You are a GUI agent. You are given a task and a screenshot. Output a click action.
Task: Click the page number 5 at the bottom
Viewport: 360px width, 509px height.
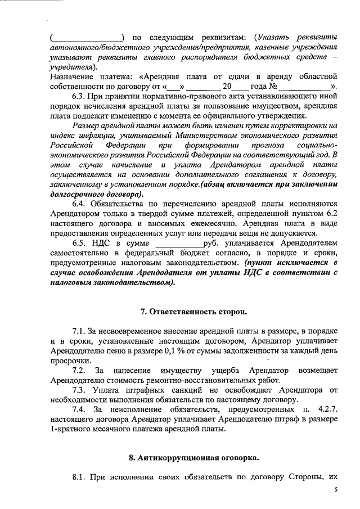coord(336,490)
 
